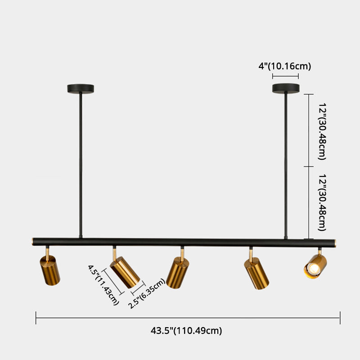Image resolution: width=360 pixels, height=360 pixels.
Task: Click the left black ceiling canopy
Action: [x=80, y=88]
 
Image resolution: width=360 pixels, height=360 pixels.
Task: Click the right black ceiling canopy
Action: [x=285, y=88]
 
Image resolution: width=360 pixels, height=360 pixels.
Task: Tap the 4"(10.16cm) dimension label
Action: [x=285, y=66]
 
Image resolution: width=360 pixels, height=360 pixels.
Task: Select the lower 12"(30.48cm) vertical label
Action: [x=321, y=202]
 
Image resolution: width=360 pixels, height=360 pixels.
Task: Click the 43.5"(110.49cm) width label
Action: [x=186, y=331]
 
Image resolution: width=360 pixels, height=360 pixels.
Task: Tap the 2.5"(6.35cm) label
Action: [x=147, y=294]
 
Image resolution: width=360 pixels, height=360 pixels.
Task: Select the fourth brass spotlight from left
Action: [x=256, y=274]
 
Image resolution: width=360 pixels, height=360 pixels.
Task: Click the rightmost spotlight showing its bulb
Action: [x=315, y=266]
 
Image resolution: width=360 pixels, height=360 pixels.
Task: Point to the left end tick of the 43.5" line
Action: [x=36, y=318]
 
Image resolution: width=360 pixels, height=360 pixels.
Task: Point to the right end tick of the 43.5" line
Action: [x=340, y=318]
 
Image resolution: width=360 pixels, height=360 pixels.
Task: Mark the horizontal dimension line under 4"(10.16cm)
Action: [x=285, y=77]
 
